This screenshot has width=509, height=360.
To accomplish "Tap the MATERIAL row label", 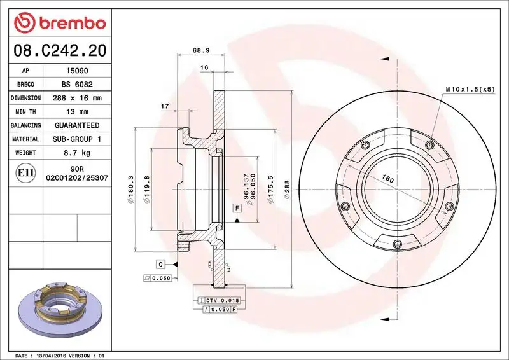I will coord(26,139).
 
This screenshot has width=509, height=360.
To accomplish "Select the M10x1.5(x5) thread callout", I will coord(470,90).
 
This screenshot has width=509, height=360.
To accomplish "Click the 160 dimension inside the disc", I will coord(387,180).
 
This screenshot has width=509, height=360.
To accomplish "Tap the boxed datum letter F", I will coord(236,208).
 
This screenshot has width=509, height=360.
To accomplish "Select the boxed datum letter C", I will coord(162,263).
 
